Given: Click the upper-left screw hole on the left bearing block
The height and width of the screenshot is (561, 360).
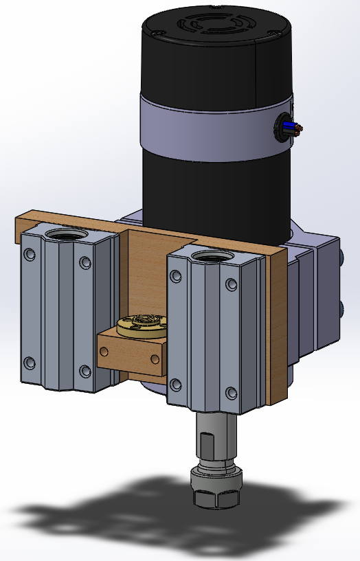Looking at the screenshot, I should tap(28, 255).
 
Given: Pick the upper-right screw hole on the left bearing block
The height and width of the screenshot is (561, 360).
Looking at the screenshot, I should tap(85, 263).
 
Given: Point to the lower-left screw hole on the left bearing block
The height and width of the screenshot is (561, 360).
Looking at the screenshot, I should tap(28, 362).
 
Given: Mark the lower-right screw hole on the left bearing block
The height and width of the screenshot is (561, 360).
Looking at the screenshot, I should tap(85, 371).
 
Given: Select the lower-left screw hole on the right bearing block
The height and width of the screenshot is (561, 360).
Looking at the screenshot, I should tap(175, 385).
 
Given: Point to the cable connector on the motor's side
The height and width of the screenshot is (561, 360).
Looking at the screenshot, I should tap(282, 127).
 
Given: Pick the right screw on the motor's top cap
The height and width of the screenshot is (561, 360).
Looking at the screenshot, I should tap(276, 34).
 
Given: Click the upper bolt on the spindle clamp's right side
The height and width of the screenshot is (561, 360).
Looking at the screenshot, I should tap(341, 259).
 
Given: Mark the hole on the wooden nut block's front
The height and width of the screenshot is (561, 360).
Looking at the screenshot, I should tap(104, 351).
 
